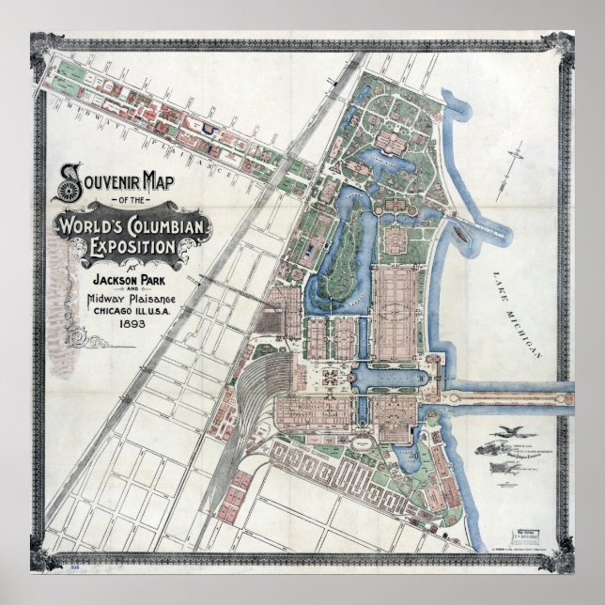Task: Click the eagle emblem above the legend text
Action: click(513, 429)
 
